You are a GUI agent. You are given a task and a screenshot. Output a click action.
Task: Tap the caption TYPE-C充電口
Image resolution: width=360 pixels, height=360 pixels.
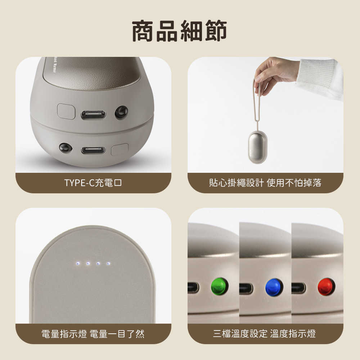[93, 183]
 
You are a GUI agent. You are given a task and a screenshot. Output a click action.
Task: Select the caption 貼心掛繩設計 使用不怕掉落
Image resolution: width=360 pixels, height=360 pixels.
[265, 183]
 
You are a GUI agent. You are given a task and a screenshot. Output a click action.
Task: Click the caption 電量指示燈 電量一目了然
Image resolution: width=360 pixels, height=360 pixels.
[93, 334]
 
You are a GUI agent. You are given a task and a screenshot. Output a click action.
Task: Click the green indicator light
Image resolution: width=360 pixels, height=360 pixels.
[220, 287]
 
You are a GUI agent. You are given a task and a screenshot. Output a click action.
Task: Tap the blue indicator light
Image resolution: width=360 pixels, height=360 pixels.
[274, 287]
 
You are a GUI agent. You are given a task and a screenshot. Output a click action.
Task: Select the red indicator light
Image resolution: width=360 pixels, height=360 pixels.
[326, 287]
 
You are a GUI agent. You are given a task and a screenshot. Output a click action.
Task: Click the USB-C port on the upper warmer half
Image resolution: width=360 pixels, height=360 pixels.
[93, 115]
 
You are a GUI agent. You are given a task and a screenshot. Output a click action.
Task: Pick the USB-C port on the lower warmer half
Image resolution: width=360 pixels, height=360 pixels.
[93, 150]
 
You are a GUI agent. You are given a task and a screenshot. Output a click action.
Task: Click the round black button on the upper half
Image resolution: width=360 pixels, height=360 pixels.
[121, 112]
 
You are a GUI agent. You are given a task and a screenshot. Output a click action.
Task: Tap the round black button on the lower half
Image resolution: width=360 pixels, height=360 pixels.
[65, 148]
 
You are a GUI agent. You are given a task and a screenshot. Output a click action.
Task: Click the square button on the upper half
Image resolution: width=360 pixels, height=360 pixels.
[66, 111]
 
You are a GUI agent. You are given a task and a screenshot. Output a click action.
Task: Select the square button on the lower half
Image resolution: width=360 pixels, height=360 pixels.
[120, 149]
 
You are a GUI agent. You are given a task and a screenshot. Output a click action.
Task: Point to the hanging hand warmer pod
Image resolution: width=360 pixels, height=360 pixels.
[257, 147]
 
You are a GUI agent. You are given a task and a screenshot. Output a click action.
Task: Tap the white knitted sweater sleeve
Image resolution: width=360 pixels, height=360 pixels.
[320, 77]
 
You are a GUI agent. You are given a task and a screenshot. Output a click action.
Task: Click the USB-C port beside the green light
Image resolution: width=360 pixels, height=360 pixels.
[193, 288]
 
